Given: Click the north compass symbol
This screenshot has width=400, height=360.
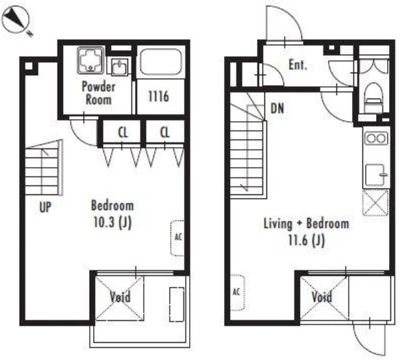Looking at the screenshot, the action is (15, 21).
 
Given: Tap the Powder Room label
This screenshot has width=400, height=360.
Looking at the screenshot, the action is (99, 93).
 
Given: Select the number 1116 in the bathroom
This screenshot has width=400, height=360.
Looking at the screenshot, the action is (158, 97).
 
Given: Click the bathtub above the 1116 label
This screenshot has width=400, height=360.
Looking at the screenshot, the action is (161, 62).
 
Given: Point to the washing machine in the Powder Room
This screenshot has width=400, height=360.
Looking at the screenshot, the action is (91, 60).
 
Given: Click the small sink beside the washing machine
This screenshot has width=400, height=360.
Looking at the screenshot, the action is (119, 67).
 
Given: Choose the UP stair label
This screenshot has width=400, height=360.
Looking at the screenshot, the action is (45, 207).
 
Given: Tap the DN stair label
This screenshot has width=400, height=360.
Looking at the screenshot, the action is (277, 108).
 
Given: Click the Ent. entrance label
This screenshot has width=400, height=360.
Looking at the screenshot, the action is (298, 65).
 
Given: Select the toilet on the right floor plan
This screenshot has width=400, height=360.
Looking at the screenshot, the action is (374, 98).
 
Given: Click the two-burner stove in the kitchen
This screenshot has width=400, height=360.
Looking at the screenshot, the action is (376, 138).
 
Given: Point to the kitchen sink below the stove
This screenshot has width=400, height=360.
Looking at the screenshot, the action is (375, 175).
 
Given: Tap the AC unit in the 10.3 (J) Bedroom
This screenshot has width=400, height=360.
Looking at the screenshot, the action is (177, 237).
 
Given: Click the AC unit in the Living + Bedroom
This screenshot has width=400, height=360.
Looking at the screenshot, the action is (238, 292).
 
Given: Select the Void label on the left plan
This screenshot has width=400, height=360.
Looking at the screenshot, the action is (120, 297).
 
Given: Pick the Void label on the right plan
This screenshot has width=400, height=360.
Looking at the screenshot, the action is (322, 297).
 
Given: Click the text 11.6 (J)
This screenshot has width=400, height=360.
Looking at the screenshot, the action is (306, 240).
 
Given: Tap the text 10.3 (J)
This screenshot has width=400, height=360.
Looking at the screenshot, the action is (112, 222).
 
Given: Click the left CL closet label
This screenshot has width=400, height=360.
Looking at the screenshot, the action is (123, 133).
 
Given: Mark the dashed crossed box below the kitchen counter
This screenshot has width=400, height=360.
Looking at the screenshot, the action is (375, 203).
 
